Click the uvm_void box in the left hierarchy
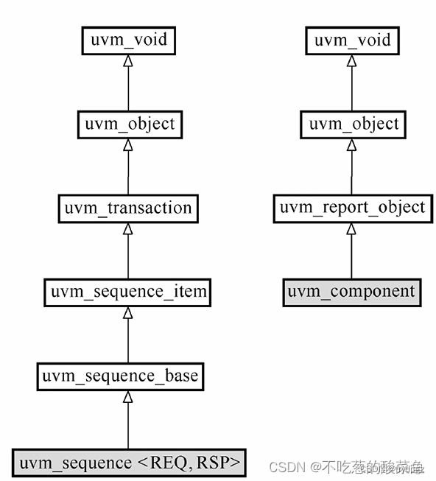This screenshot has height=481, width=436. click(129, 40)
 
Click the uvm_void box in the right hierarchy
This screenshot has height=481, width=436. click(352, 40)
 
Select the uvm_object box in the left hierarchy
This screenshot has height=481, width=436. click(128, 124)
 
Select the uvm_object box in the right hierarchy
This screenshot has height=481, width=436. click(352, 124)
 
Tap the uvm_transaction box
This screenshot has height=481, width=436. click(128, 208)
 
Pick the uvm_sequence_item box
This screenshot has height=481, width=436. click(128, 292)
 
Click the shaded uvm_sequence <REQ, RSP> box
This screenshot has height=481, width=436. click(129, 463)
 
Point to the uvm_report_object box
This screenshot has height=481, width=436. click(352, 208)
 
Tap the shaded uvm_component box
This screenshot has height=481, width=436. click(352, 292)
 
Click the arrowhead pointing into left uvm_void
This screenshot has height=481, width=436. click(129, 60)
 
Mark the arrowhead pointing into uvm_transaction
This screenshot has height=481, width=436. click(128, 228)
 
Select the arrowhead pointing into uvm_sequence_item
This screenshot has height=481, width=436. click(128, 312)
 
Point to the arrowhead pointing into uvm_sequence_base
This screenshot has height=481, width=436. click(128, 396)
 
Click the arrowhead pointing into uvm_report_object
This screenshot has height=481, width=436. click(352, 228)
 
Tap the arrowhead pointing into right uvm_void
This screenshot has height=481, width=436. click(352, 60)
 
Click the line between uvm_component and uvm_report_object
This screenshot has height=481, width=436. click(352, 254)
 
